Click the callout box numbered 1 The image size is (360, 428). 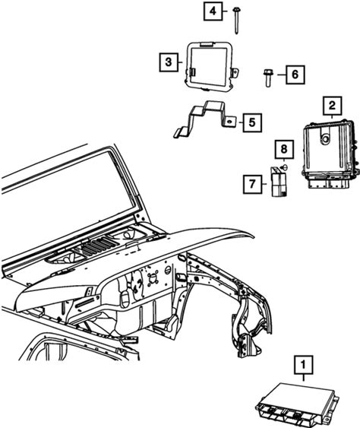pos(303,365)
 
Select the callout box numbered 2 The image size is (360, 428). pos(332,106)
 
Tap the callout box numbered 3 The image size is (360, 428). pos(169,62)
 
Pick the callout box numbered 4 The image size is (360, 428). pos(213,11)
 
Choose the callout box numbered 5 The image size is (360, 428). pos(252,122)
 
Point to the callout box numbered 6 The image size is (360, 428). pos(295,75)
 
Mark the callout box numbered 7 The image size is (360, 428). pos(253,184)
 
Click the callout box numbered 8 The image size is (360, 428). pos(284,149)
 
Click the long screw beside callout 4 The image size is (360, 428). pos(236,21)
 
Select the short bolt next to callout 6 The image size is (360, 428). pos(268,78)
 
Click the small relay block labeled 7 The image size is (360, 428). pos(279,182)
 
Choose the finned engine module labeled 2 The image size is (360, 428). pos(329,154)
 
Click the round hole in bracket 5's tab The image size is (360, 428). pos(230,122)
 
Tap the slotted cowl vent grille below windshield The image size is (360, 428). pos(96,246)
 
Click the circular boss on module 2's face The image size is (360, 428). pos(325,139)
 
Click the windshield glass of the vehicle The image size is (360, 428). pos(68,189)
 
